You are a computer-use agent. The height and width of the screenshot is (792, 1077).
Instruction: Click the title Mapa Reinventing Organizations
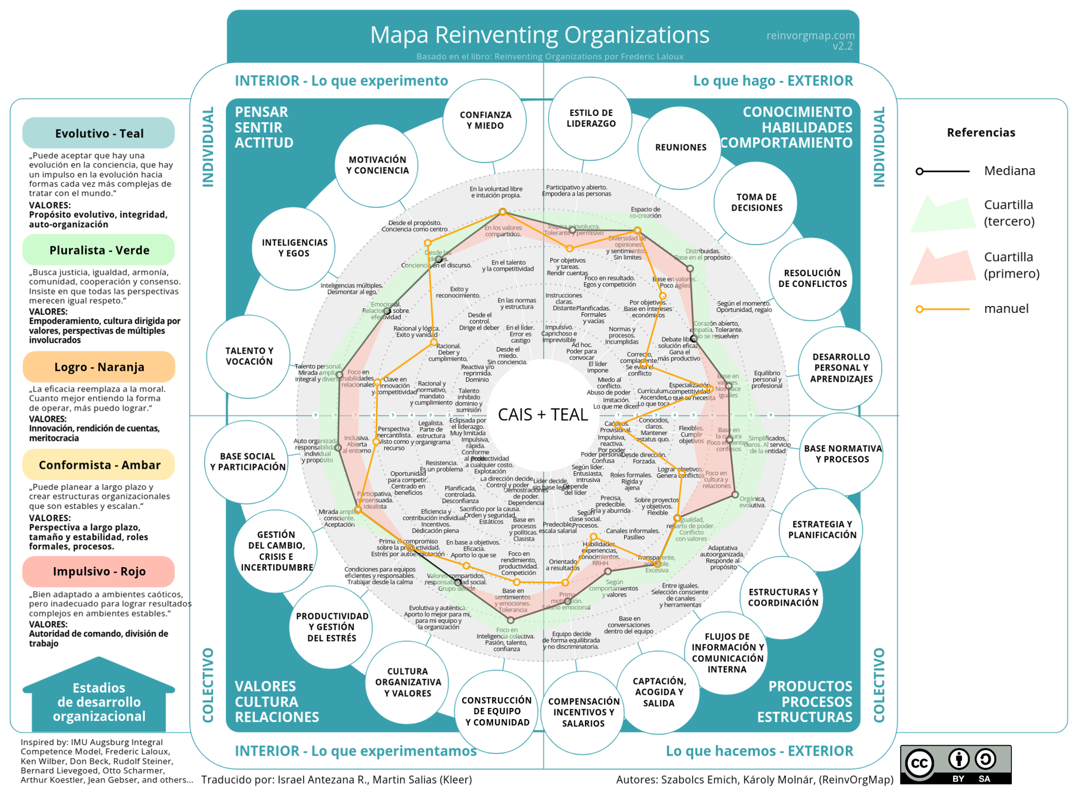pos(540,35)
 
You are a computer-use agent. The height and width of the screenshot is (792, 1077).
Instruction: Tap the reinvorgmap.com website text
pos(810,36)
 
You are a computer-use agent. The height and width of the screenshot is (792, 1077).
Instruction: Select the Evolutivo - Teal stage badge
pos(99,133)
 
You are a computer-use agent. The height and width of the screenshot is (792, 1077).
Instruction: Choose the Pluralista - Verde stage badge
pos(99,250)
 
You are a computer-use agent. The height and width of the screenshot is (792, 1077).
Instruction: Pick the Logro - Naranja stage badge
pos(99,367)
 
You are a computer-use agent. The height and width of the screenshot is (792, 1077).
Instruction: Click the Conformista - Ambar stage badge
pos(99,465)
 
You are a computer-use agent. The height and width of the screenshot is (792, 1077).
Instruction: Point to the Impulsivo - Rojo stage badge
pos(99,571)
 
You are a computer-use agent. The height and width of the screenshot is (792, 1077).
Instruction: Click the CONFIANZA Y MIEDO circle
pos(485,120)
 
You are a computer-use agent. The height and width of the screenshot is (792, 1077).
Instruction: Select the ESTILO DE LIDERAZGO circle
pos(591,118)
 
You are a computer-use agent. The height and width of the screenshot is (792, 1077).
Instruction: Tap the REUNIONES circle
pos(680,147)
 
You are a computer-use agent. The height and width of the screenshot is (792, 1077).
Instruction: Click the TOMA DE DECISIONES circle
pos(756,202)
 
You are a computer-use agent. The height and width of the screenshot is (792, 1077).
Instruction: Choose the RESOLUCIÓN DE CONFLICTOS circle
pos(812,279)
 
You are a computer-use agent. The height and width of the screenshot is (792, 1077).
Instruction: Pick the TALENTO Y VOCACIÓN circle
pos(248,356)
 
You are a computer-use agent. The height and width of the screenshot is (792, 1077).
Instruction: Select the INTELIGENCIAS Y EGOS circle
pos(294,248)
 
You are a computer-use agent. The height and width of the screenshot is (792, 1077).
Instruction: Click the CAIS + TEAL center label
pos(543,415)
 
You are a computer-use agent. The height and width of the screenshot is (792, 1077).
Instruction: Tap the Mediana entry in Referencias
pos(1009,171)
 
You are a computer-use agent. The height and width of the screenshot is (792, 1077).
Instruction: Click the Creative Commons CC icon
pos(919,763)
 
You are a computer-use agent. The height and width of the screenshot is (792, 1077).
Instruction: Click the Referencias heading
pos(981,133)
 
